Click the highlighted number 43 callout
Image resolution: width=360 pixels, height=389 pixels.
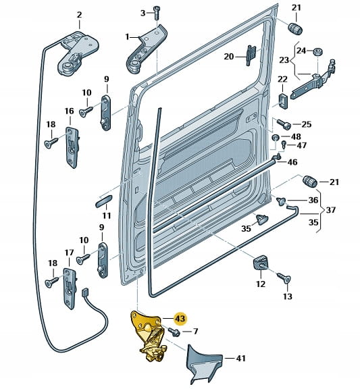180,318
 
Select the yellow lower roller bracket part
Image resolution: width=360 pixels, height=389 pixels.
148,335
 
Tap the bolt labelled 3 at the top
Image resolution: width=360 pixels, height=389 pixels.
157,12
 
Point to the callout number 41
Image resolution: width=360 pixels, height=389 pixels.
240,358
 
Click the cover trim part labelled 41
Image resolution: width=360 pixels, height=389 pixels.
202,362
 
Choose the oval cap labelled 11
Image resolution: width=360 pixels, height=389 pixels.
104,201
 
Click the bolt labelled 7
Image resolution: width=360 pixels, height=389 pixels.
175,332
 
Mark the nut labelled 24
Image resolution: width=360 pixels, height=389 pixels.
317,52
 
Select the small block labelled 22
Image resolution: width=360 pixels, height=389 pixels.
283,101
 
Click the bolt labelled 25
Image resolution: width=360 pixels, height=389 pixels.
284,124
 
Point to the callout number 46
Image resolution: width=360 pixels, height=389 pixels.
292,162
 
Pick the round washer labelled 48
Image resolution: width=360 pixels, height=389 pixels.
276,138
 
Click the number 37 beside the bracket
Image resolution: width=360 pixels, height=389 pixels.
330,210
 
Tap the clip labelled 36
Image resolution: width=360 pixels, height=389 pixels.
282,201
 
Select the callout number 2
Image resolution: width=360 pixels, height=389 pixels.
79,15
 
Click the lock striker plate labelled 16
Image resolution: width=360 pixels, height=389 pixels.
72,147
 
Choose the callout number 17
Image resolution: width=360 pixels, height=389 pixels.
69,253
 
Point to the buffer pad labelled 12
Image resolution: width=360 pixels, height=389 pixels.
261,263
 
